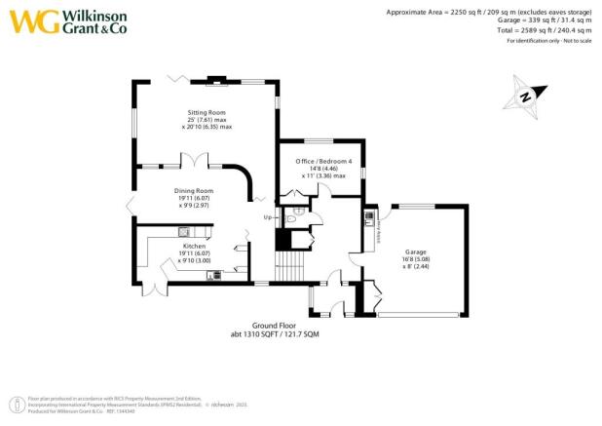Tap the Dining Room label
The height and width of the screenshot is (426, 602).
coord(193,191)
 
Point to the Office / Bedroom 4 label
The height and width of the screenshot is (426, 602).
coord(321,161)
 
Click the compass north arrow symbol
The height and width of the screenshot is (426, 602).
coord(523,97)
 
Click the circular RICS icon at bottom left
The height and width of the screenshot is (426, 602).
coord(15,405)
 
